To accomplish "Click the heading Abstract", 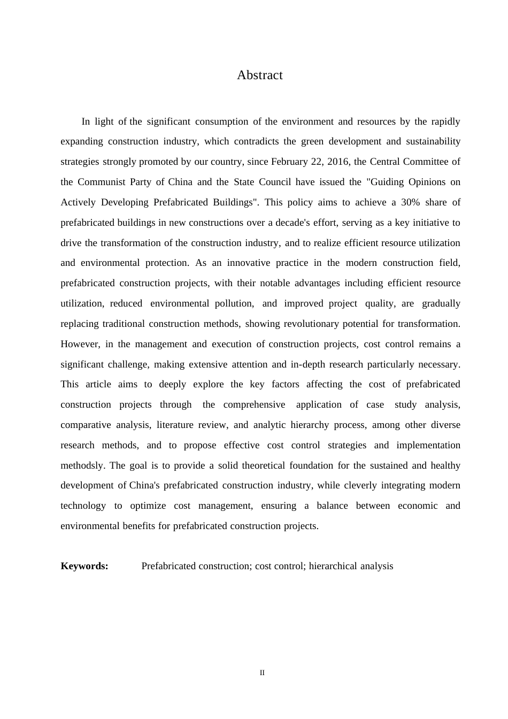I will pos(259,75).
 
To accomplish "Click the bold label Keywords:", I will pos(84,566).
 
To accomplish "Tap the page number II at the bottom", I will pos(262,672).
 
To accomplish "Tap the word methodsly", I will pos(82,465).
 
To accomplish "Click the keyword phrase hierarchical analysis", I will pos(351,566).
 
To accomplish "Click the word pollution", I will pos(234,303).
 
